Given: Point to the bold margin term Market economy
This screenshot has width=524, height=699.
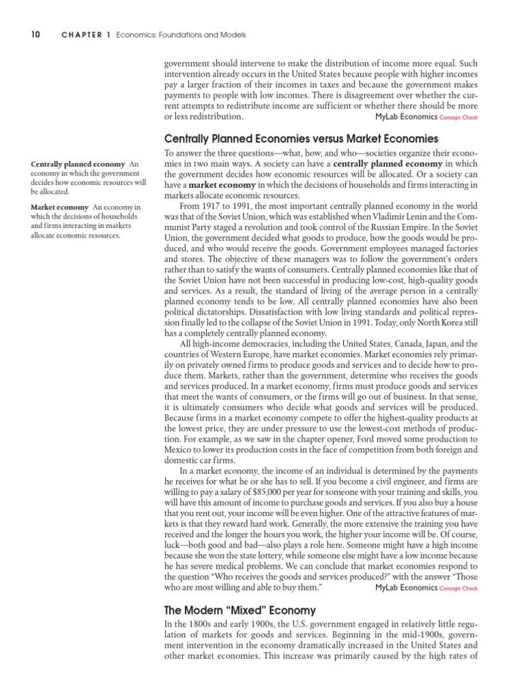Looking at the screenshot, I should [x=60, y=207].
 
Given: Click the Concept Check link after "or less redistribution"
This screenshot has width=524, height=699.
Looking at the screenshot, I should [x=459, y=117].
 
